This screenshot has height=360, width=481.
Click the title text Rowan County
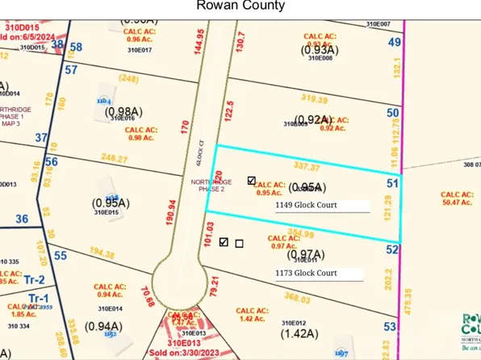pyautogui.click(x=240, y=6)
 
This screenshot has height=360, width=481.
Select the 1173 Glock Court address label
pyautogui.click(x=306, y=273)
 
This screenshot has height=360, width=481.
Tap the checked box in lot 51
pyautogui.click(x=252, y=181)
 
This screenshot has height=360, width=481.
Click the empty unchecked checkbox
pyautogui.click(x=239, y=243)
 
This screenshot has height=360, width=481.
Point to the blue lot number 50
pyautogui.click(x=393, y=114)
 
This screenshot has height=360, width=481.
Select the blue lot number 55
pyautogui.click(x=60, y=255)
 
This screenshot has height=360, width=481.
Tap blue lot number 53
pyautogui.click(x=391, y=327)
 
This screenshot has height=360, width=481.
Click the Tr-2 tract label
pyautogui.click(x=33, y=278)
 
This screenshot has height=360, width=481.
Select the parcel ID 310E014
pyautogui.click(x=111, y=308)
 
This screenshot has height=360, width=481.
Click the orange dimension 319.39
pyautogui.click(x=314, y=98)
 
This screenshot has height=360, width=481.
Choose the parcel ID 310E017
pyautogui.click(x=139, y=50)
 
